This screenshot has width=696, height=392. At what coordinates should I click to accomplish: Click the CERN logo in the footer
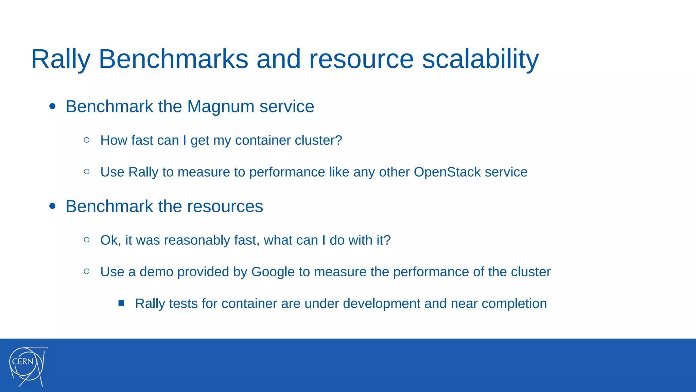[x=28, y=366]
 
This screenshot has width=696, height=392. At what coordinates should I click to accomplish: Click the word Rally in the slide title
[x=61, y=60]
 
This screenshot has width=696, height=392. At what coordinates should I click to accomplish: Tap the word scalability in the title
[x=480, y=60]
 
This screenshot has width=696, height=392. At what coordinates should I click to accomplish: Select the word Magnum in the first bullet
[x=221, y=107]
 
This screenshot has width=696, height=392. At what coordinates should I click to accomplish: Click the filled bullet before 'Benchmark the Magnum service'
[x=52, y=107]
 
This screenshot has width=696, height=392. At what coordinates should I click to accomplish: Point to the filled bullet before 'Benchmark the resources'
[x=52, y=206]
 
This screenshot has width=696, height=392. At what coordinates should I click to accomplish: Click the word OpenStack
[x=447, y=172]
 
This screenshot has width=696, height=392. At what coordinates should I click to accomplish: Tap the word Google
[x=273, y=272]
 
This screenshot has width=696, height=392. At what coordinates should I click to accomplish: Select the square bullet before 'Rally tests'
[x=121, y=303]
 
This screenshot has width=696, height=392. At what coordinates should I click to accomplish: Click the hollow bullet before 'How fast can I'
[x=87, y=140]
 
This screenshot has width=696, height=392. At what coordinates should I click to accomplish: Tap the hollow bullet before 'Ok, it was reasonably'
[x=87, y=240]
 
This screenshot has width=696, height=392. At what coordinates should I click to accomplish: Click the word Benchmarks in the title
[x=173, y=60]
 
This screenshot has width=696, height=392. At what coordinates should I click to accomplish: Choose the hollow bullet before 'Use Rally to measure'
[x=87, y=172]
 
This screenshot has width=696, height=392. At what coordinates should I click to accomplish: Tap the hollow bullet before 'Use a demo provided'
[x=87, y=272]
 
